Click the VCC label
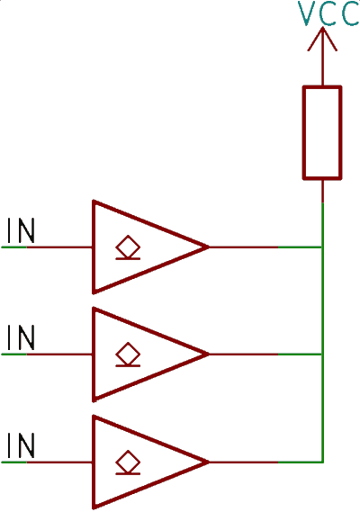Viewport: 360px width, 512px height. (x=328, y=13)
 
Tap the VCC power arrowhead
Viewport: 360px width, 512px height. (x=322, y=39)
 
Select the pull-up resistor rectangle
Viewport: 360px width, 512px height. (x=322, y=133)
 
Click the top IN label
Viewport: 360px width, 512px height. (x=21, y=231)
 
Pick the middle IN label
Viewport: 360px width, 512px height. (x=21, y=337)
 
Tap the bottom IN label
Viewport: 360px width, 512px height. (x=21, y=445)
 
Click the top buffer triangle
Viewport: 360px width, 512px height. (x=93, y=247)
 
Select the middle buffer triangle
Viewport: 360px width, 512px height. (x=93, y=355)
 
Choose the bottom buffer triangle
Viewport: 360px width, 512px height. (x=93, y=462)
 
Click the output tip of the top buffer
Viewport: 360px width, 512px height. (x=209, y=247)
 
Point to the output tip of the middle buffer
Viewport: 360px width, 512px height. (x=209, y=355)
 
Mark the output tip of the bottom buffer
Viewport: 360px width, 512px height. (x=209, y=462)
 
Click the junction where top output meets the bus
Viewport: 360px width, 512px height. (x=323, y=247)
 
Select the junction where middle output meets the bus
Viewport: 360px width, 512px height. (x=323, y=355)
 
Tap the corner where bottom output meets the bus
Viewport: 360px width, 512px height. (x=323, y=462)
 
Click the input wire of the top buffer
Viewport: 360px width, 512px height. (x=47, y=247)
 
